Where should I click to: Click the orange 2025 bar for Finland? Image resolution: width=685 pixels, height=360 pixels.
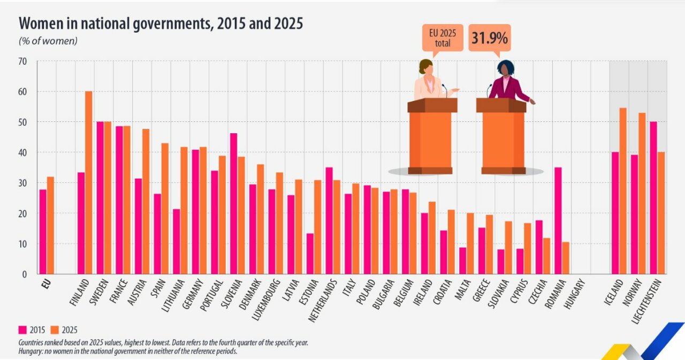[x=89, y=182]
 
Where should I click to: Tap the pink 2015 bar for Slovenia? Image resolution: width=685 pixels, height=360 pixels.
[x=233, y=203]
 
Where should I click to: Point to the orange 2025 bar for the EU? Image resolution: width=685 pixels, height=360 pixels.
[x=50, y=225]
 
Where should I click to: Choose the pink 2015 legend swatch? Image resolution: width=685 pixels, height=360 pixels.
[x=22, y=330]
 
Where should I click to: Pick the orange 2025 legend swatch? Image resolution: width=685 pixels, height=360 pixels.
[x=55, y=330]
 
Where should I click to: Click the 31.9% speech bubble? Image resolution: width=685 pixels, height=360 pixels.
[x=489, y=38]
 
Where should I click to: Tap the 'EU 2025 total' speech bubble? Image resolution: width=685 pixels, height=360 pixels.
[x=442, y=38]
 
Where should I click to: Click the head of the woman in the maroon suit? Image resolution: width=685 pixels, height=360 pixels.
[x=505, y=68]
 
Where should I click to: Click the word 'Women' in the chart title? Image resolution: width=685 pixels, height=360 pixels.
[x=41, y=24]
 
